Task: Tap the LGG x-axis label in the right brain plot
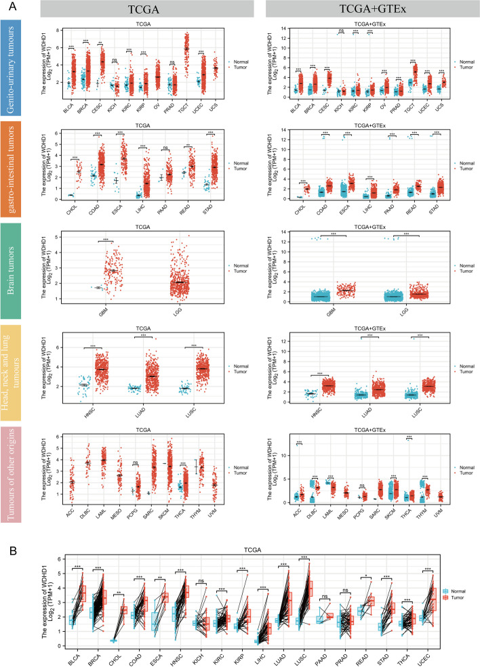(x=401, y=308)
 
